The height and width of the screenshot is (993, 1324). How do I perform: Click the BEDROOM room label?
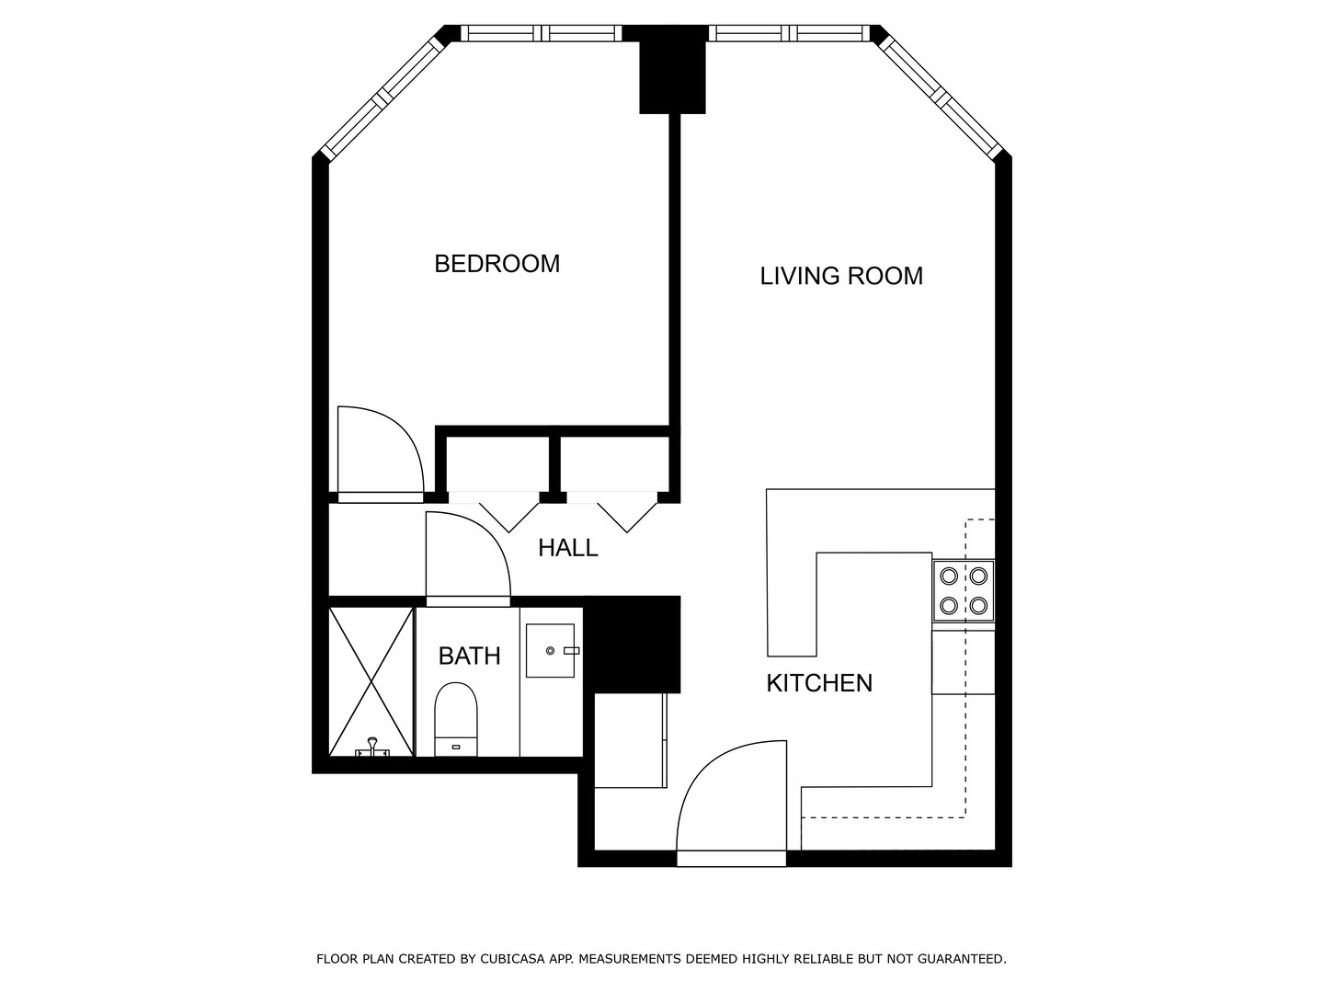tap(497, 264)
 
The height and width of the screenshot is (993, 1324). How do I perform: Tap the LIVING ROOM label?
tap(841, 276)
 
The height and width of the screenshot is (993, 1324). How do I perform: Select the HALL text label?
tap(567, 548)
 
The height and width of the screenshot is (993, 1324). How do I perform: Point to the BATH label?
tap(469, 656)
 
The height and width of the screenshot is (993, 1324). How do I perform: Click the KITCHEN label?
tap(819, 683)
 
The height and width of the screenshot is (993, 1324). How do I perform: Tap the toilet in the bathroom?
tap(456, 719)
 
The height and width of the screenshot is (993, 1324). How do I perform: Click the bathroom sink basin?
tap(550, 651)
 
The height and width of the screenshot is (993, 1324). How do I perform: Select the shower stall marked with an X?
tap(371, 682)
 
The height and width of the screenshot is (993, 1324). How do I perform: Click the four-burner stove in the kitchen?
tap(964, 591)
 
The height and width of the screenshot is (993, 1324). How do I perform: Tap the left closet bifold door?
tap(509, 513)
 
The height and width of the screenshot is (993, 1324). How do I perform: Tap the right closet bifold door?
tap(627, 513)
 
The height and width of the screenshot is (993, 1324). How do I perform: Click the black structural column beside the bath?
tap(633, 645)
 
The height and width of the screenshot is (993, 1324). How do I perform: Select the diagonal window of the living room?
tap(941, 95)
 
